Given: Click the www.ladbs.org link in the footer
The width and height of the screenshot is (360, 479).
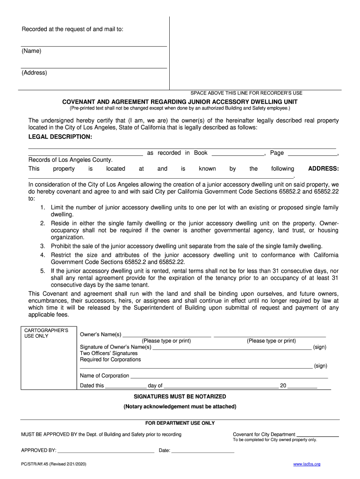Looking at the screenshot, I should click(x=307, y=464).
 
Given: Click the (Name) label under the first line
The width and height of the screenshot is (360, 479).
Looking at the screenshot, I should click(x=31, y=51).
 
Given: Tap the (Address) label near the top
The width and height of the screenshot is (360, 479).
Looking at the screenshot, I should click(x=34, y=73).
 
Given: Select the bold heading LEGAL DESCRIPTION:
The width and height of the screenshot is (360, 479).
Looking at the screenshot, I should click(x=60, y=137).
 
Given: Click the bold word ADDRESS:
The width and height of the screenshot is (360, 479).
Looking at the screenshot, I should click(x=324, y=168).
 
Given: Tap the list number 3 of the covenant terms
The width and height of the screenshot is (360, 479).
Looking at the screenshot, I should click(x=42, y=246).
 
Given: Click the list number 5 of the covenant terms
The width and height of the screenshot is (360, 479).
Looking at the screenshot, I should click(x=42, y=271).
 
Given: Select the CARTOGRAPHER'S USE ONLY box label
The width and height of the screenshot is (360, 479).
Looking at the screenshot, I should click(x=46, y=333).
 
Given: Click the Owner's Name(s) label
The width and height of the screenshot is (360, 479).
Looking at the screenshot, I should click(x=101, y=334).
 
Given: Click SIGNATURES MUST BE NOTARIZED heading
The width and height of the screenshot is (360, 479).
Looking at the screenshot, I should click(x=180, y=397).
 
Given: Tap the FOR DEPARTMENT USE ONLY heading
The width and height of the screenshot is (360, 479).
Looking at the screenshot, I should click(x=180, y=423).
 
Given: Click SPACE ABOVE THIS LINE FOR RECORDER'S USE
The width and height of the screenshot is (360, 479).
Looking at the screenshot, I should click(x=246, y=93).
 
